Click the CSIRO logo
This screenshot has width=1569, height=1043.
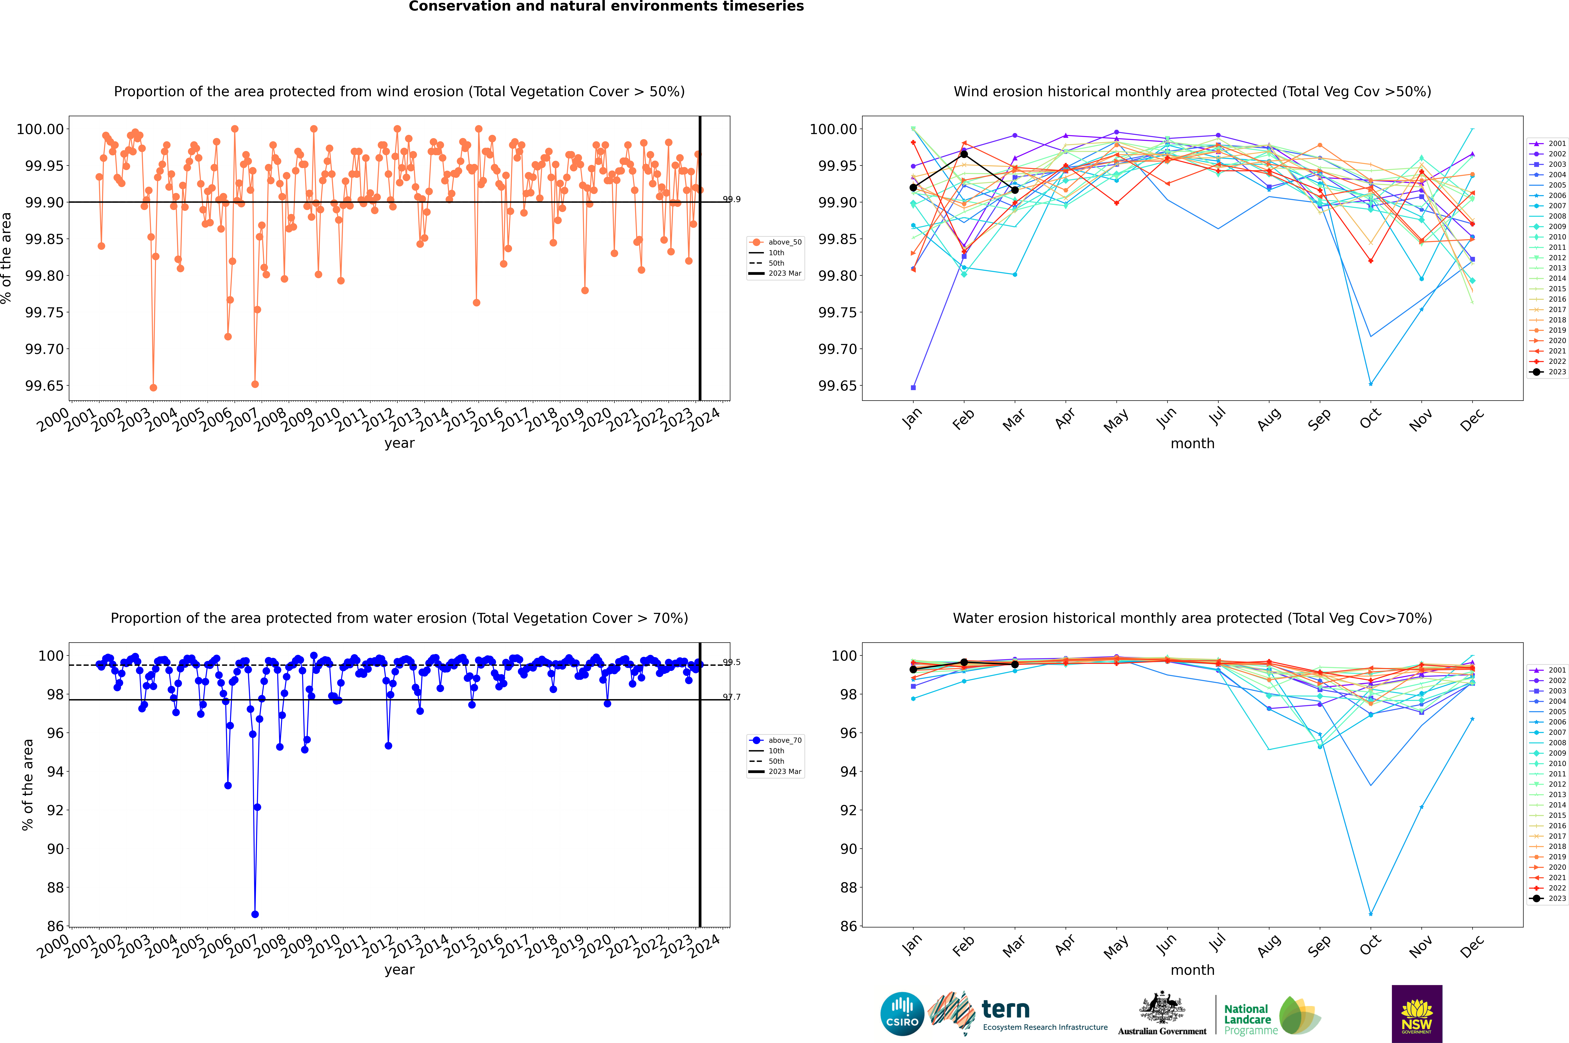pos(902,1014)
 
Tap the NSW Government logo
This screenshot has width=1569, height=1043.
pos(1417,1014)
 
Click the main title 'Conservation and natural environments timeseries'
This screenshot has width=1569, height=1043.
pos(606,7)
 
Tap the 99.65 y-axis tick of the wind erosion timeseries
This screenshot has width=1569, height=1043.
pos(44,386)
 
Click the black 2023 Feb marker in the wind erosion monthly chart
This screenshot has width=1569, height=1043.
pos(964,154)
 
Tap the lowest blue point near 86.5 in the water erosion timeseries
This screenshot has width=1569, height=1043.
pos(255,914)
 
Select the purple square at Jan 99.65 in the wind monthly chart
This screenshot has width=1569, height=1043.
pos(913,387)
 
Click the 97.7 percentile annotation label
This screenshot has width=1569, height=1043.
pos(732,697)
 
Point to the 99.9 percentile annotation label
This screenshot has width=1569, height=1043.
pos(732,200)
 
